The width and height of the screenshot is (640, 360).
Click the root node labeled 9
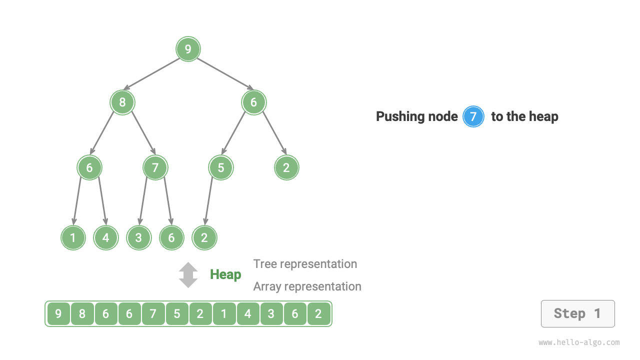pos(188,49)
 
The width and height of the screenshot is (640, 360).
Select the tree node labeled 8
pos(122,102)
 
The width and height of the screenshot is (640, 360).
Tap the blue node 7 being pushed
pos(473,117)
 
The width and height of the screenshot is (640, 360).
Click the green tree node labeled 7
pos(155,167)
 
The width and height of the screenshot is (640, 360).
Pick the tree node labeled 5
pos(221,167)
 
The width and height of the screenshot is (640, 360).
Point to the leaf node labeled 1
pos(73,237)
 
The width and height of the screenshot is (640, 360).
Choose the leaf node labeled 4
pos(105,237)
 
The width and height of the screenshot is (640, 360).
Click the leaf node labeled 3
pos(138,237)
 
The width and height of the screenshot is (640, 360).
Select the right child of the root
pos(253,102)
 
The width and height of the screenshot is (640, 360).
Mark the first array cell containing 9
pos(58,314)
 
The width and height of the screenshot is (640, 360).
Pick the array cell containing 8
pos(82,314)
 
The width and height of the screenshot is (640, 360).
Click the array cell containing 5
pos(177,314)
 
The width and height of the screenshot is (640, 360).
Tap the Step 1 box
pos(577,313)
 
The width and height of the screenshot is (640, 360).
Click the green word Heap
pos(225,274)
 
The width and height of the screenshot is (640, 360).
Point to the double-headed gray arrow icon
pos(188,275)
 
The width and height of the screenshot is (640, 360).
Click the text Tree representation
pos(305,264)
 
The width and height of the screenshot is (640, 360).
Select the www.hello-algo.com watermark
pos(579,342)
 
